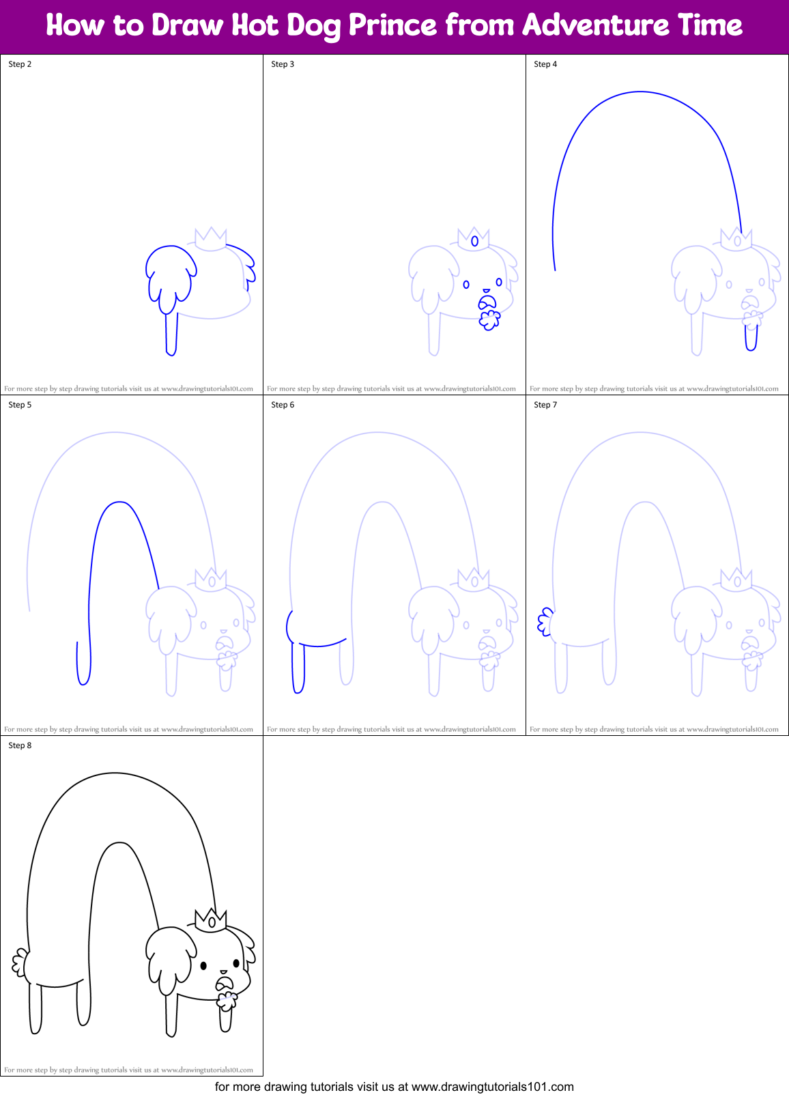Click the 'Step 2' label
(20, 64)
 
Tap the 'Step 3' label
(283, 64)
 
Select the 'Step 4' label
(545, 64)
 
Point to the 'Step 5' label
(20, 405)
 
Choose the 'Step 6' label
(283, 405)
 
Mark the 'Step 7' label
(545, 405)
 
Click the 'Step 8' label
(20, 745)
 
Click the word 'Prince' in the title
(392, 25)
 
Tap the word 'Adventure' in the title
(595, 25)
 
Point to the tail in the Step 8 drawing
(19, 963)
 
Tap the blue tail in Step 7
(545, 622)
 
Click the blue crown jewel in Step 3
(474, 241)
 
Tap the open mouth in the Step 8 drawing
(225, 984)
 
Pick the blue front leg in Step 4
(751, 338)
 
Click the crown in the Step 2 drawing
(211, 239)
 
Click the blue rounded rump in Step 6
(292, 627)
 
